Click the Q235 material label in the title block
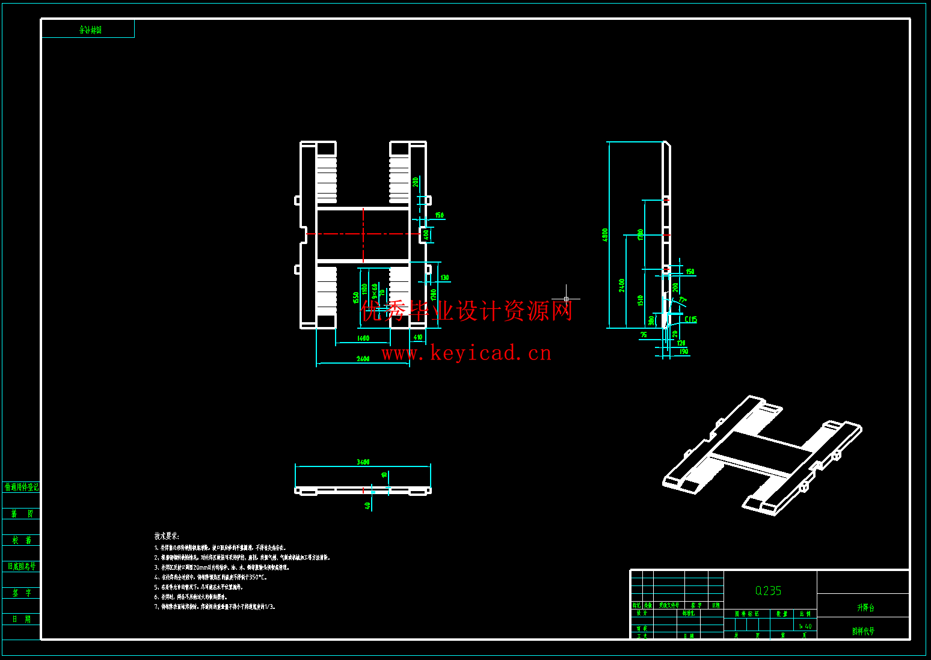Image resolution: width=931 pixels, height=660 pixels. coord(768,591)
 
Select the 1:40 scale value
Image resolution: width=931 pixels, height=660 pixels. coord(805,626)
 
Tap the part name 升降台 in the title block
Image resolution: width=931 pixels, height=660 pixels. coord(865,608)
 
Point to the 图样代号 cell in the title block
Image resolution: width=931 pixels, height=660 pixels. coord(863,631)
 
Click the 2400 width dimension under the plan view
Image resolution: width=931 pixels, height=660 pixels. coord(363,359)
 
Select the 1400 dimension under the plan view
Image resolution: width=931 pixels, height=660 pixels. coord(363,338)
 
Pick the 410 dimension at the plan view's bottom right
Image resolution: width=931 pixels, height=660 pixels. coord(417,337)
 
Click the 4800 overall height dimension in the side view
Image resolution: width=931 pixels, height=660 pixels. coord(605,235)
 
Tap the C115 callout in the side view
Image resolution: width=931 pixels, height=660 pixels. coord(690,319)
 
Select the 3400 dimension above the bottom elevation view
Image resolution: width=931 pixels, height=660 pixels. coord(363,462)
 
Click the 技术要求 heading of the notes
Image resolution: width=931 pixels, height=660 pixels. coord(167,536)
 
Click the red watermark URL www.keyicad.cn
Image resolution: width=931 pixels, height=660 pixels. coord(466,353)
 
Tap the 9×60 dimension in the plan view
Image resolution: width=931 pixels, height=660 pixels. coord(375,291)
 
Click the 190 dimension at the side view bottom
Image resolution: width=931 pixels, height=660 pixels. coord(684,351)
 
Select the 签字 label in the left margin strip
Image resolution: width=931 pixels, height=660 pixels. coord(22,593)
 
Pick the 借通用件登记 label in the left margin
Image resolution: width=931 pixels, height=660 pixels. coord(22,487)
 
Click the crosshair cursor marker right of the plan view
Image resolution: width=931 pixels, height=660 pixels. coord(566,298)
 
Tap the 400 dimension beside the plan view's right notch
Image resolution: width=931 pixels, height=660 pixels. coord(426,234)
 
